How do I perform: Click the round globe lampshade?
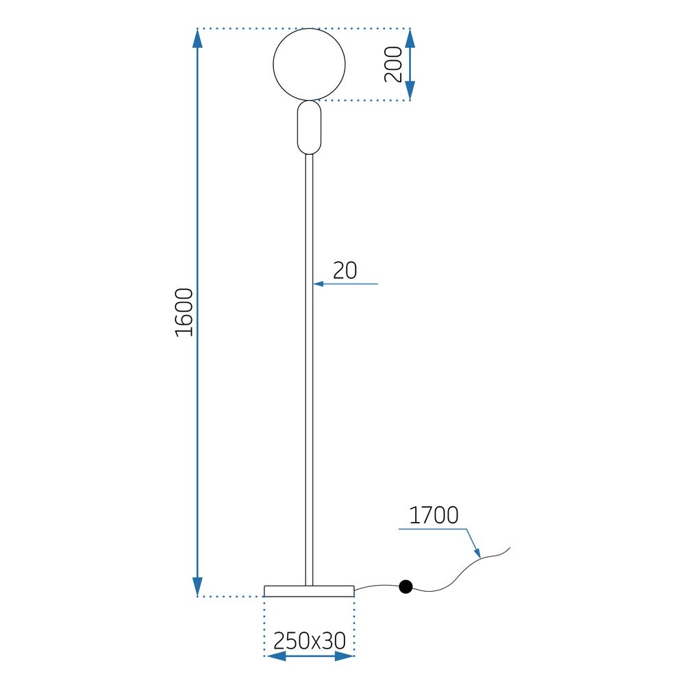click(309, 64)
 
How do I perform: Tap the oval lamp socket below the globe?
click(309, 127)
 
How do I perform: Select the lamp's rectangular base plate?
click(309, 591)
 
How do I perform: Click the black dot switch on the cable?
click(406, 586)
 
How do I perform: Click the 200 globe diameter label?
click(394, 65)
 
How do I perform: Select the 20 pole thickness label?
click(345, 271)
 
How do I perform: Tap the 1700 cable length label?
click(434, 515)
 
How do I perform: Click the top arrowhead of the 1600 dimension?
click(198, 38)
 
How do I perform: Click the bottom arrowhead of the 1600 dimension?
click(198, 587)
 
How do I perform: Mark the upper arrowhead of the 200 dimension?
click(410, 38)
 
